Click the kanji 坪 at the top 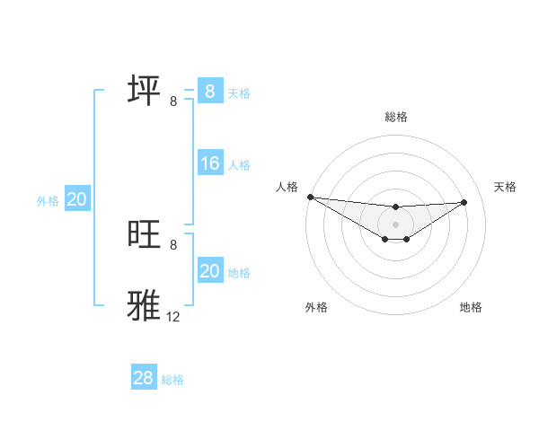point(144,91)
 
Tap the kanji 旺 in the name point(144,234)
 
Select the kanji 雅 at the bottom point(144,306)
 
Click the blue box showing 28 point(143,378)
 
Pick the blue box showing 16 point(209,163)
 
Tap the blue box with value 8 point(209,91)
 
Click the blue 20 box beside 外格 point(76,200)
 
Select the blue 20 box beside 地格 point(209,271)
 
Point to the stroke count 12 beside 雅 point(173,316)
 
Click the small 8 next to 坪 point(173,101)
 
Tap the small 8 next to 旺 point(173,244)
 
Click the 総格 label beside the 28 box point(172,380)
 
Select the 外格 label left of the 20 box point(48,201)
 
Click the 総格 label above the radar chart point(396,117)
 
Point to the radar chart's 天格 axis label point(505,187)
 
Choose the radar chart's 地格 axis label point(471,308)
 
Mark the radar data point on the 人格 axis point(310,197)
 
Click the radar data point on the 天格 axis point(464,202)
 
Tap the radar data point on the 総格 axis point(396,207)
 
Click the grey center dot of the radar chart point(396,224)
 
